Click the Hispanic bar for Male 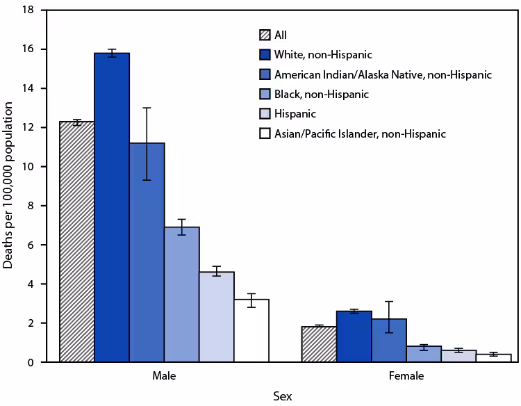coord(216,317)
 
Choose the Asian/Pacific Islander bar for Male coord(251,330)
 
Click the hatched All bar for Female coord(319,344)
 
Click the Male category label coord(164,376)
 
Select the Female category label coord(406,376)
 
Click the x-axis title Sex coord(282,396)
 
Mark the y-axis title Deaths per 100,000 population coord(10,186)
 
